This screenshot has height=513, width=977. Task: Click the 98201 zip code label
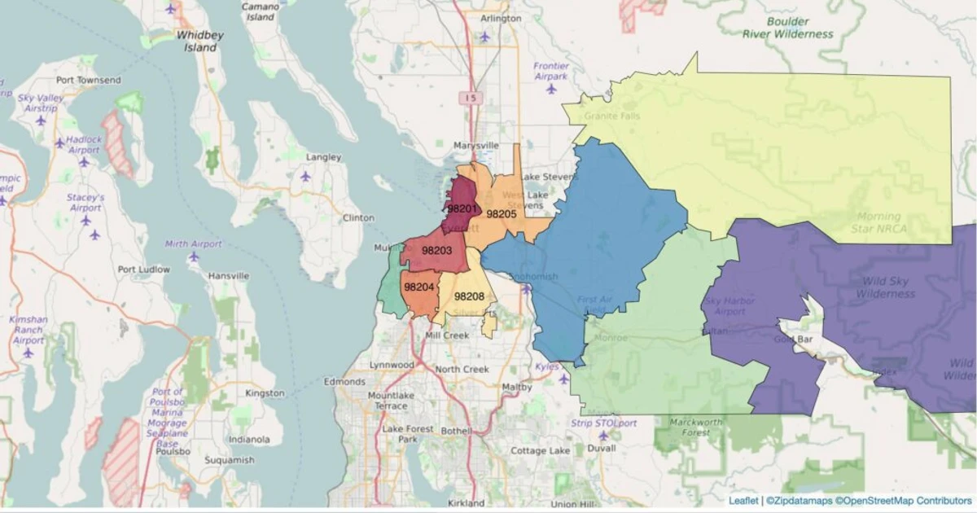click(x=462, y=209)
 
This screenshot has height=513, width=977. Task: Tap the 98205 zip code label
click(x=502, y=214)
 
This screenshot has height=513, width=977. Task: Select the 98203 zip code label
click(x=437, y=250)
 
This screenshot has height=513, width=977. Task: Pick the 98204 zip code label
click(x=418, y=287)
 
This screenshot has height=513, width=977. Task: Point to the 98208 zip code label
click(x=470, y=296)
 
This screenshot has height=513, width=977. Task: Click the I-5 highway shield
click(x=470, y=98)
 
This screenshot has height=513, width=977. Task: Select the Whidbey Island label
click(x=200, y=42)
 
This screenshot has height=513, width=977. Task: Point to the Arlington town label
click(x=501, y=19)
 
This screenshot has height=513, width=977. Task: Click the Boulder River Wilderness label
click(x=788, y=28)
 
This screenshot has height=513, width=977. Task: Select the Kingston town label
click(x=265, y=393)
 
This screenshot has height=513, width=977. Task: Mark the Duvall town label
click(x=601, y=448)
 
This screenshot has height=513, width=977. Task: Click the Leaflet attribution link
click(x=743, y=500)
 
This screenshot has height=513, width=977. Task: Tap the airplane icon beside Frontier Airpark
click(x=551, y=89)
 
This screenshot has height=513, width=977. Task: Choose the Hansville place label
click(x=228, y=276)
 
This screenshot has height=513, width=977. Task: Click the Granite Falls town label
click(x=612, y=116)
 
